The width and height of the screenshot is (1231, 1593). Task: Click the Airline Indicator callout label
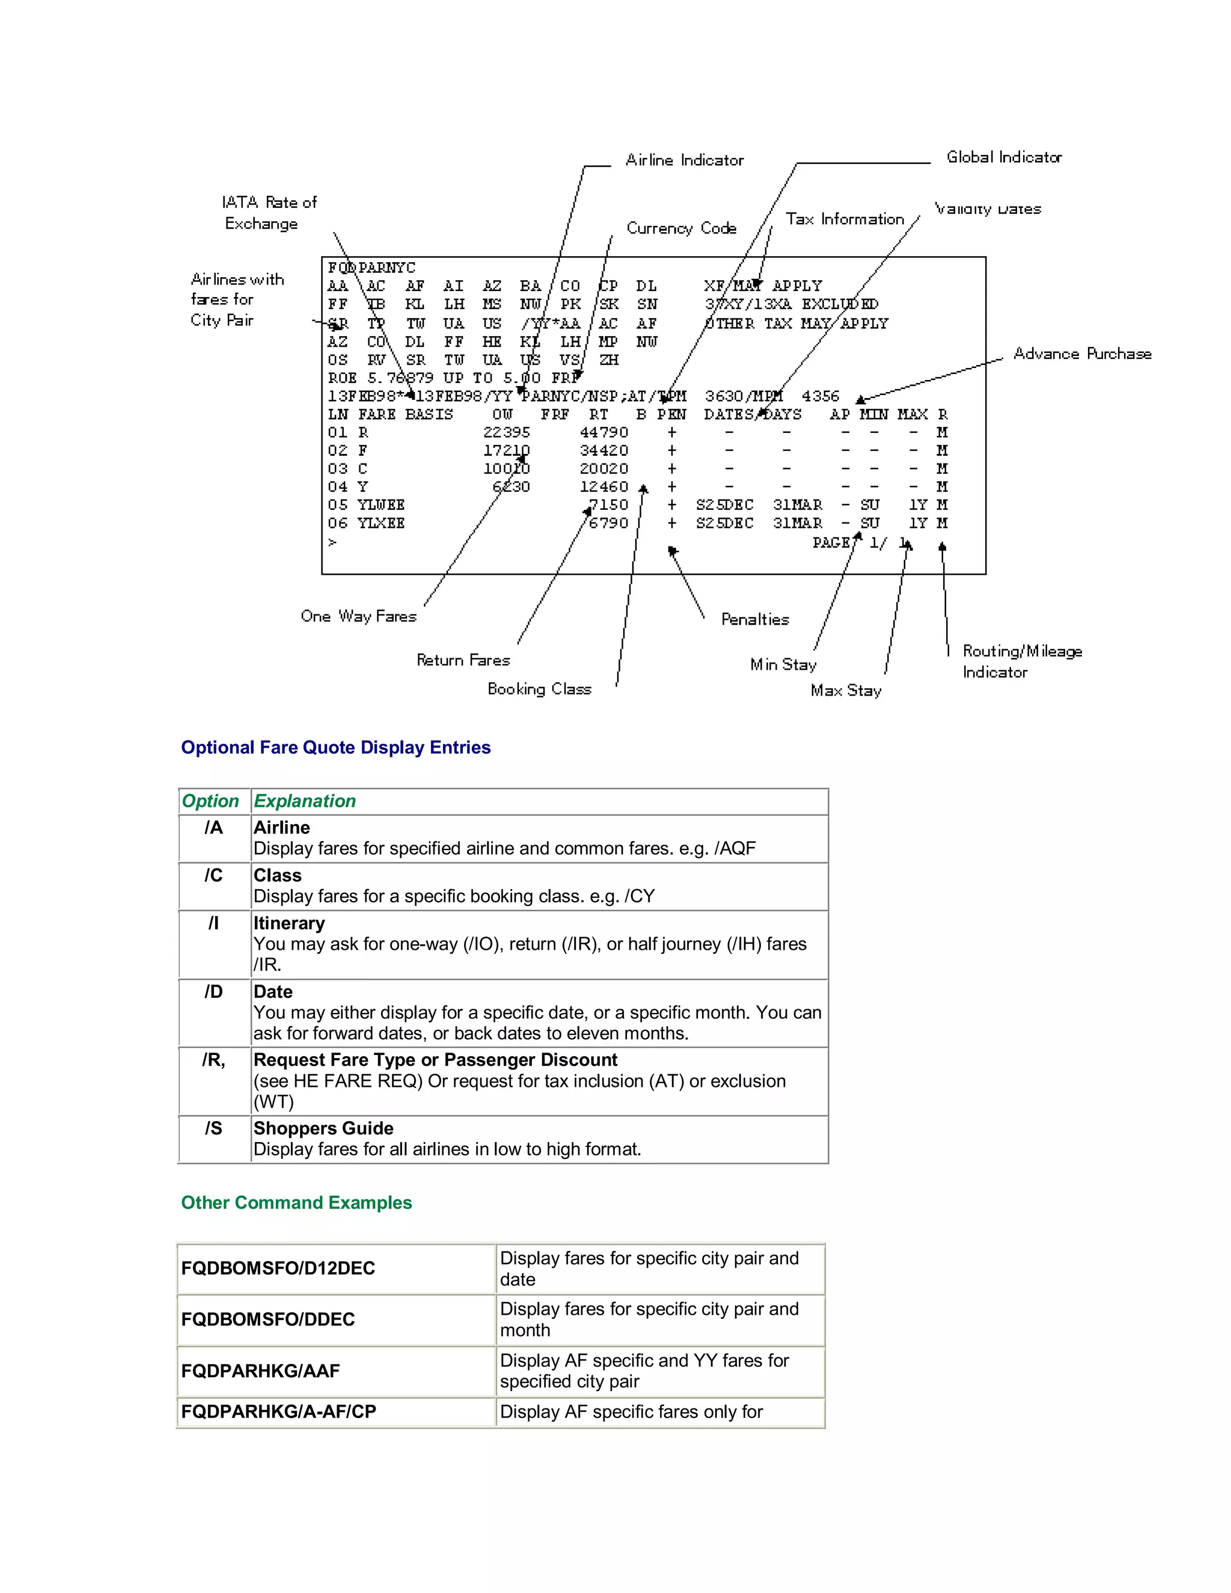pos(684,160)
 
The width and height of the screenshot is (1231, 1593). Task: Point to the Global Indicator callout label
pos(1003,157)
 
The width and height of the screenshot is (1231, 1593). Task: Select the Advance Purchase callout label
pos(1082,353)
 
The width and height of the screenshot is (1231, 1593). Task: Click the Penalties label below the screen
pos(755,619)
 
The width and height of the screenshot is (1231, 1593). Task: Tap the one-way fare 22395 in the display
pos(506,433)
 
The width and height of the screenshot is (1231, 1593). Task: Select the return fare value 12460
pos(603,486)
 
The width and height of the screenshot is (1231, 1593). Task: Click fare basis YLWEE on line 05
pos(380,505)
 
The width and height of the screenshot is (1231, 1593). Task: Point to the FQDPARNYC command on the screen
pos(371,268)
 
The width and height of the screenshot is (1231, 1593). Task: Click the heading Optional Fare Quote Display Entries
pos(335,748)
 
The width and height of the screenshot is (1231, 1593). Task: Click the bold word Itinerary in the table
pos(289,923)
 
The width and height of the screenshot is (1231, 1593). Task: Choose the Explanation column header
pos(304,801)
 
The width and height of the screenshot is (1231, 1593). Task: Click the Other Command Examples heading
pos(296,1203)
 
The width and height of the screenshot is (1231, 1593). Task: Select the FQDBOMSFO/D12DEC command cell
pos(278,1268)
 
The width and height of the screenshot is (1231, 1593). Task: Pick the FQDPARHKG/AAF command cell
pos(260,1371)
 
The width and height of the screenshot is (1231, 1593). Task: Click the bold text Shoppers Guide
pos(323,1128)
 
